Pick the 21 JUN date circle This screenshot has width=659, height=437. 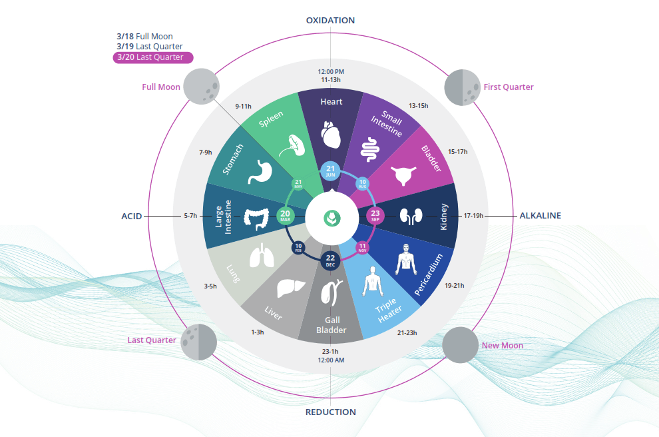coord(331,171)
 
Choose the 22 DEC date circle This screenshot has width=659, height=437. coord(331,260)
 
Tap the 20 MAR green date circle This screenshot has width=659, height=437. coord(286,216)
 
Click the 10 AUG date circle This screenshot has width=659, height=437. coord(363,183)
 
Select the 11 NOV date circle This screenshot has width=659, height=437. coord(363,248)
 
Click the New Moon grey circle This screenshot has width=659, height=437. coord(460,345)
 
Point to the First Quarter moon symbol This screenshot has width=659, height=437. coord(461,87)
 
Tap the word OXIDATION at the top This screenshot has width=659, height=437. coord(330,21)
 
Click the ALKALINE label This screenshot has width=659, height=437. coord(540,216)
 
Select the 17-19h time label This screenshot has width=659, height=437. coord(473,216)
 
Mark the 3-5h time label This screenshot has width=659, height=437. coord(210,286)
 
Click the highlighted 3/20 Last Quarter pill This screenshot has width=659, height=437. coord(153,57)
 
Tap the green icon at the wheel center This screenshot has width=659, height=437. coord(331,217)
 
